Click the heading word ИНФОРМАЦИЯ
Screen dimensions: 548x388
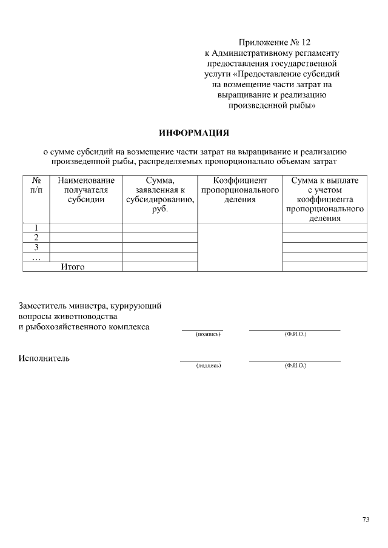pyautogui.click(x=194, y=132)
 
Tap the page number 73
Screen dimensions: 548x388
pyautogui.click(x=366, y=519)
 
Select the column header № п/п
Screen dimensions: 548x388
pyautogui.click(x=36, y=185)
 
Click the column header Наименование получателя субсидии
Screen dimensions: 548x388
pyautogui.click(x=86, y=190)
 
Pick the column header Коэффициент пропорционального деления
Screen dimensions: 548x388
pyautogui.click(x=240, y=190)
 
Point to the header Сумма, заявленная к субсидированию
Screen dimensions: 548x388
pyautogui.click(x=160, y=195)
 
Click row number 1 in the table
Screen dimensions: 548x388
pyautogui.click(x=36, y=228)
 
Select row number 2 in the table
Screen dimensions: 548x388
pyautogui.click(x=36, y=237)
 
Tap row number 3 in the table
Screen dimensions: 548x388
pyautogui.click(x=36, y=247)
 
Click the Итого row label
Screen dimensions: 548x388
pyautogui.click(x=72, y=266)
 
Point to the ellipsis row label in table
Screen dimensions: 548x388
pyautogui.click(x=36, y=257)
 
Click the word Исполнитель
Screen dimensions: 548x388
pyautogui.click(x=44, y=358)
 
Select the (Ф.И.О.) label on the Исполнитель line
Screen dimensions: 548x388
pyautogui.click(x=295, y=366)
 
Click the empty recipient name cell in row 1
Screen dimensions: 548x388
pyautogui.click(x=86, y=228)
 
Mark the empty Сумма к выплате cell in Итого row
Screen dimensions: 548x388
pyautogui.click(x=324, y=266)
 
